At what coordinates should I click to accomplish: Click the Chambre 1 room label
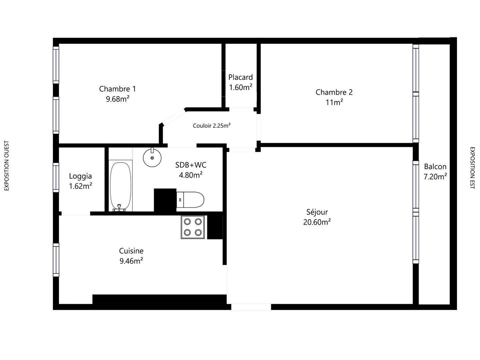click(117, 89)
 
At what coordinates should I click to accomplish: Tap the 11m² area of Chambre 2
click(334, 102)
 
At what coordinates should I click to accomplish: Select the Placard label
click(241, 77)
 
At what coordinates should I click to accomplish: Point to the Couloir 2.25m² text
click(212, 125)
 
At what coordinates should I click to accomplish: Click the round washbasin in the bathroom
click(152, 157)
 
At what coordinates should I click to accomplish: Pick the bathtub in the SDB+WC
click(120, 186)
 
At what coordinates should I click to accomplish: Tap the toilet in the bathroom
click(190, 200)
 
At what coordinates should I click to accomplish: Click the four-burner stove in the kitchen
click(193, 227)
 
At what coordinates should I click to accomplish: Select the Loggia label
click(80, 176)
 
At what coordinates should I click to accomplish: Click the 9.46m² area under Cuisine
click(131, 261)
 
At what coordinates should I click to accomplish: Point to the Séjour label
click(317, 212)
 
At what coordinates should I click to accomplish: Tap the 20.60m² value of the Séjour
click(317, 222)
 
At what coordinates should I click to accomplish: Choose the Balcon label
click(435, 167)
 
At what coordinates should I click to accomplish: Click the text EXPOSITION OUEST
click(7, 166)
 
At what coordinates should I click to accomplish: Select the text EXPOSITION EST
click(473, 168)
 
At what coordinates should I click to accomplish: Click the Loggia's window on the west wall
click(56, 177)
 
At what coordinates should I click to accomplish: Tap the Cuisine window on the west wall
click(56, 260)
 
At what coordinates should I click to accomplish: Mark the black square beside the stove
click(215, 227)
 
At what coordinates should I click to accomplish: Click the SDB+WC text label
click(191, 165)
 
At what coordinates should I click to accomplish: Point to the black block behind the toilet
click(165, 200)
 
